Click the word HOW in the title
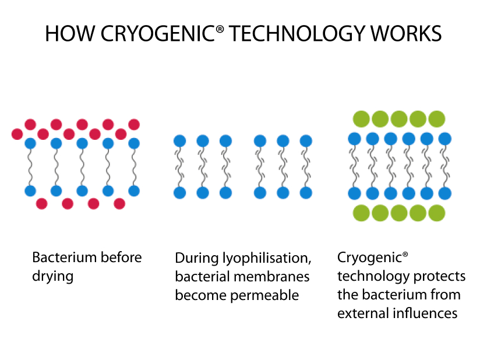70,34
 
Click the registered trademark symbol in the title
219,29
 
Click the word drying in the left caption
53,277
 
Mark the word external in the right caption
364,313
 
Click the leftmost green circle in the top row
361,119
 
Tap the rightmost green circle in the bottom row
437,213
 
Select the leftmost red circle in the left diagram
17,135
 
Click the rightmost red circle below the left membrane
119,204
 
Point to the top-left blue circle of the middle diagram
180,141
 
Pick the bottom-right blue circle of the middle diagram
306,193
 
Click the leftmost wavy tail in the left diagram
30,167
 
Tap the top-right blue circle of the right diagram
444,139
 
